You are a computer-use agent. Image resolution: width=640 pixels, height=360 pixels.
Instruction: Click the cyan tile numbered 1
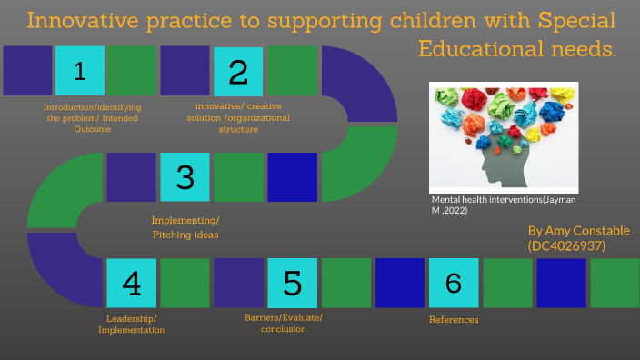coord(79,72)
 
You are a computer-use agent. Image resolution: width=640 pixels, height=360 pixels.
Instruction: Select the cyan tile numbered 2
coord(238,72)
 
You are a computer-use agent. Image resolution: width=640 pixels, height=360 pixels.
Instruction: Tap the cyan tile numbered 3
coord(185,177)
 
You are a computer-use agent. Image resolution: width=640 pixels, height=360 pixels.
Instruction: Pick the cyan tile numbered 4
coord(132,283)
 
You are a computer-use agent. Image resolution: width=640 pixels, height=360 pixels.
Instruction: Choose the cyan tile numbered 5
coord(292,283)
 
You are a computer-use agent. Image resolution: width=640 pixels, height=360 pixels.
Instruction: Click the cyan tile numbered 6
coord(453,283)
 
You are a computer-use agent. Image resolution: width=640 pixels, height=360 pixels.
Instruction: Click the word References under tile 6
coord(453,319)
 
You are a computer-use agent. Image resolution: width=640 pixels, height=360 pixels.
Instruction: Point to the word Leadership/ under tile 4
coord(132,317)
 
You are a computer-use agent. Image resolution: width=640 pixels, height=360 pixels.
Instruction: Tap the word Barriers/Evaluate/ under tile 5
coord(284,316)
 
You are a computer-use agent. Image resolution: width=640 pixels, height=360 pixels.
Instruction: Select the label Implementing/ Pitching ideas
coord(185,228)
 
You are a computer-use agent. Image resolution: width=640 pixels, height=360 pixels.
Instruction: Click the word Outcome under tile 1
coord(93,130)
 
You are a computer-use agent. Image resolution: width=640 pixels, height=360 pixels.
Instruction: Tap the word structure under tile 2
coord(238,129)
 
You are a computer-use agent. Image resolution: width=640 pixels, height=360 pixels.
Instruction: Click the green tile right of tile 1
coord(132,72)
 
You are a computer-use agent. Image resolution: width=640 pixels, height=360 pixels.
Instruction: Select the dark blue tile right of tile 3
coord(292,177)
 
